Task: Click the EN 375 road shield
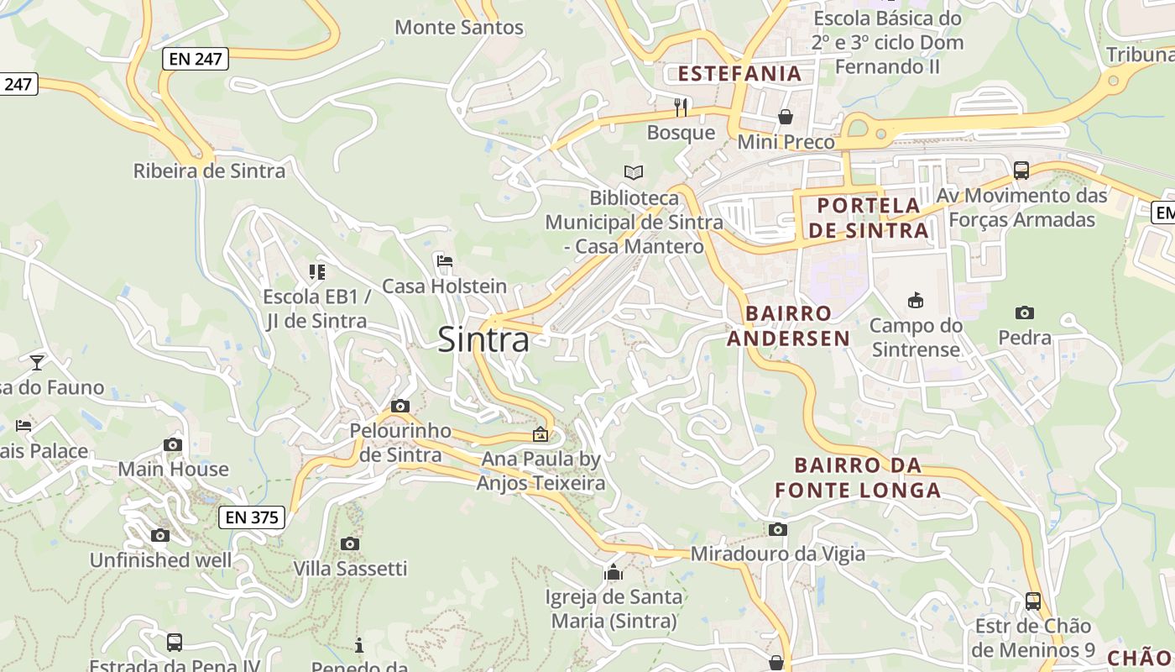coord(252,517)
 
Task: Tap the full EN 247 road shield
coord(196,59)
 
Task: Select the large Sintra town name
coord(483,340)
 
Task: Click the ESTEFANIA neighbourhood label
coord(739,74)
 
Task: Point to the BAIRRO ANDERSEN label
coord(788,326)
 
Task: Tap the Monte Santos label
coord(459,28)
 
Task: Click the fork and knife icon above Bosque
coord(681,108)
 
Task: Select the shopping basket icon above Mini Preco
coord(786,117)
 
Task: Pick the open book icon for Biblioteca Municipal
coord(634,172)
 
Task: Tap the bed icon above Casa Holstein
coord(445,261)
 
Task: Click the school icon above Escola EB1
coord(316,271)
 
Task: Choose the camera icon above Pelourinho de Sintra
coord(400,407)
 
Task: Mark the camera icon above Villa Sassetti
coord(350,544)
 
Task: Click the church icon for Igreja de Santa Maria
coord(614,573)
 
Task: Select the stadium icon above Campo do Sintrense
coord(916,300)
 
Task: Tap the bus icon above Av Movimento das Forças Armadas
coord(1021,171)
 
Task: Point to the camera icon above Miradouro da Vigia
coord(778,530)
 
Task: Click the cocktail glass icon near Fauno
coord(37,363)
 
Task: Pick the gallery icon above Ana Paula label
coord(540,434)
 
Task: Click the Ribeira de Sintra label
coord(209,171)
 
